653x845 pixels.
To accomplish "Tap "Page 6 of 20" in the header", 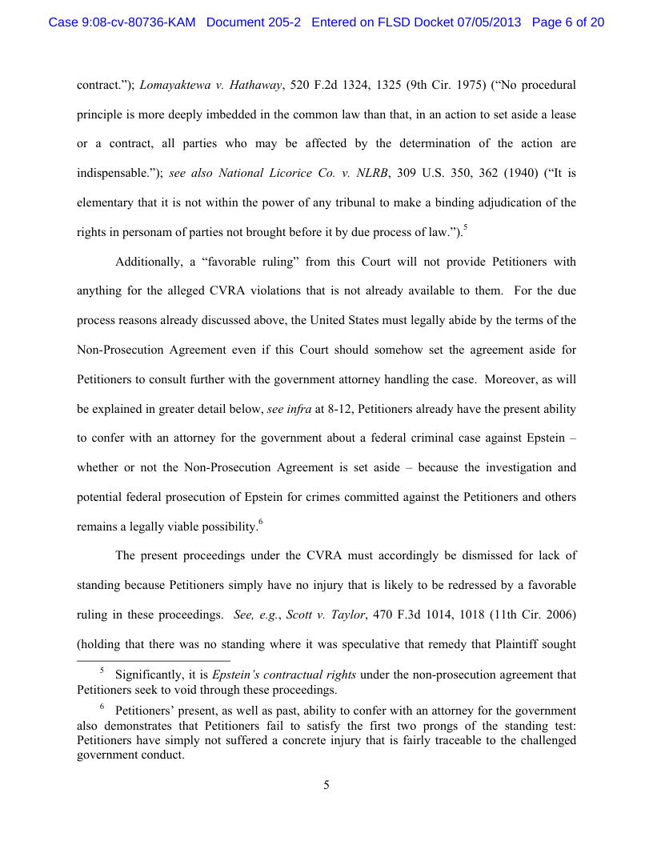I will pos(567,22).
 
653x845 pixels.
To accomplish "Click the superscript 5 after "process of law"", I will pos(466,229).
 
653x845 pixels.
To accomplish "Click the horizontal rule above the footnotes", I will pos(153,662).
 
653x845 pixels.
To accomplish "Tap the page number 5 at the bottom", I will pos(326,786).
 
